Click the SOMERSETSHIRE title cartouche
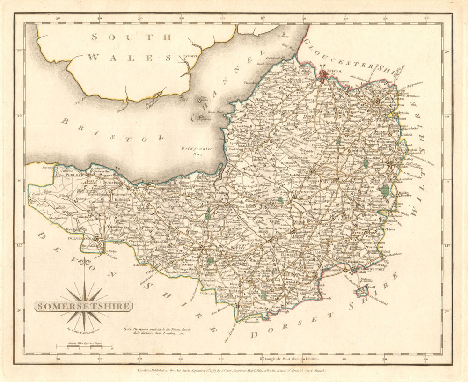pos(83,306)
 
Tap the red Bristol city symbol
pos(324,73)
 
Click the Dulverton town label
pos(80,238)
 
